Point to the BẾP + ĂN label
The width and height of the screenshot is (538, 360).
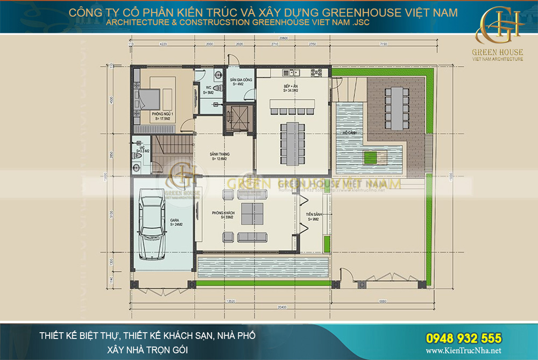click(291, 88)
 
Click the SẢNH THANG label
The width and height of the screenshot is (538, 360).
click(219, 156)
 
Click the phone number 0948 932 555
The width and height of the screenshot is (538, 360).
click(464, 338)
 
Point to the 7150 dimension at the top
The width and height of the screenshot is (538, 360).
click(383, 45)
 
